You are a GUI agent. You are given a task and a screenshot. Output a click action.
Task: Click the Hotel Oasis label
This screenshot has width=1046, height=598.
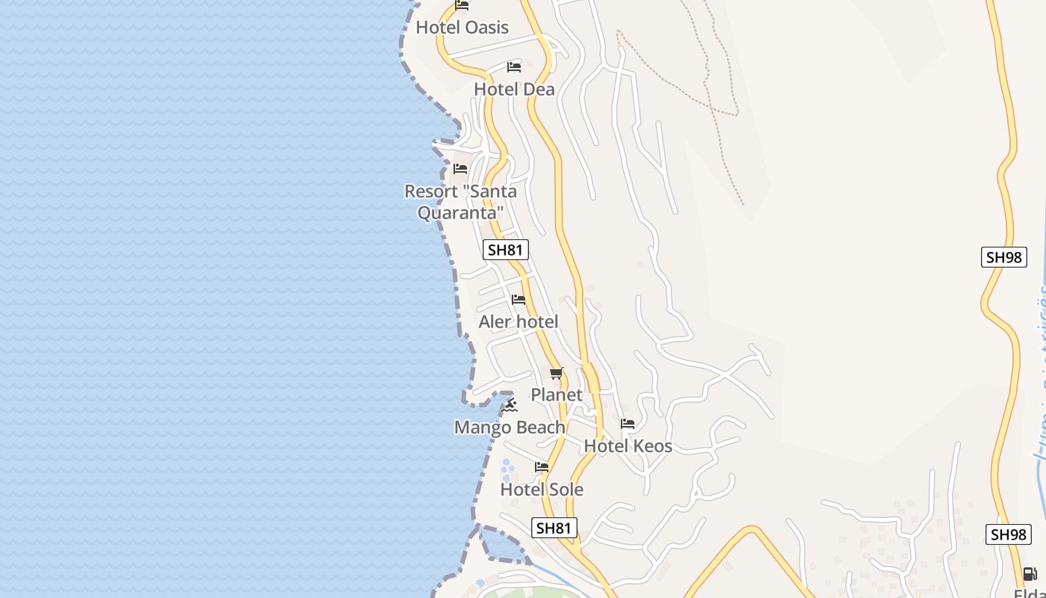tap(462, 28)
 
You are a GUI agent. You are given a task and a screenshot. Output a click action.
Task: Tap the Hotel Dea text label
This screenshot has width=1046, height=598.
tap(514, 90)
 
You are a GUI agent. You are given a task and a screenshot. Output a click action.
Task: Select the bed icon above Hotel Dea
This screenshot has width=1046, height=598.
tap(513, 67)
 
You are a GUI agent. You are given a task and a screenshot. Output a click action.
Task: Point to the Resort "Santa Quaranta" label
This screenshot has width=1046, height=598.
tap(460, 202)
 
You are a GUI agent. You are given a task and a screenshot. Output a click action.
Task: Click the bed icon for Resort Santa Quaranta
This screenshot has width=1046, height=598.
tap(460, 169)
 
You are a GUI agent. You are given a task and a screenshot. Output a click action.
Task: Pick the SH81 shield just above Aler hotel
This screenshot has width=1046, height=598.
tap(506, 250)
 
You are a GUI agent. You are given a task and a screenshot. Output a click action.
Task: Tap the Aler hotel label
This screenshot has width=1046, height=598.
tap(518, 322)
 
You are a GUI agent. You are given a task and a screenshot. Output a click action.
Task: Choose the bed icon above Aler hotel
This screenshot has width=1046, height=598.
tap(519, 300)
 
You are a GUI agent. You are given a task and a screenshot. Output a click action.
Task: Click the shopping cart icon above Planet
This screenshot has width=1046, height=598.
tap(556, 373)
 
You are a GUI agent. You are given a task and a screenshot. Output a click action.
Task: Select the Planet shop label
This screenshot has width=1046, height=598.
tap(556, 395)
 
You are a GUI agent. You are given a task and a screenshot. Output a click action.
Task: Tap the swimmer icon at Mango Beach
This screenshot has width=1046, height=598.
tap(510, 405)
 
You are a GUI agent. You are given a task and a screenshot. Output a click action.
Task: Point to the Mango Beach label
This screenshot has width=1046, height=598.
tap(510, 428)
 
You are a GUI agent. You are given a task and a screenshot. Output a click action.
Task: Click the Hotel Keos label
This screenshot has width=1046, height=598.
tap(628, 446)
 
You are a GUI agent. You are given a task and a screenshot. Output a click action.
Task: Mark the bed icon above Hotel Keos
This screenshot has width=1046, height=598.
tap(628, 424)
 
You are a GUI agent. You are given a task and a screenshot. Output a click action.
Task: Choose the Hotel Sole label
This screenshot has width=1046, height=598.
tap(541, 490)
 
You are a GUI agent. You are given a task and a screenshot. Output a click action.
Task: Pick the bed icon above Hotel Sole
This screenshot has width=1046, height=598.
tap(542, 467)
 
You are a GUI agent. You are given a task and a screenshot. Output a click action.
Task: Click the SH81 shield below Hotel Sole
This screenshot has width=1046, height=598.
tap(554, 528)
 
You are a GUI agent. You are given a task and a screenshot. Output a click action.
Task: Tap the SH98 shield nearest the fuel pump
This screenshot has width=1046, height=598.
tap(1008, 534)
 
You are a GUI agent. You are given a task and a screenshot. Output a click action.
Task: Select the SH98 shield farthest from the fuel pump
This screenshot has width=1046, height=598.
tap(1003, 257)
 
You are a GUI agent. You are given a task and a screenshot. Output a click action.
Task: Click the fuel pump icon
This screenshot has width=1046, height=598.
tap(1030, 574)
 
